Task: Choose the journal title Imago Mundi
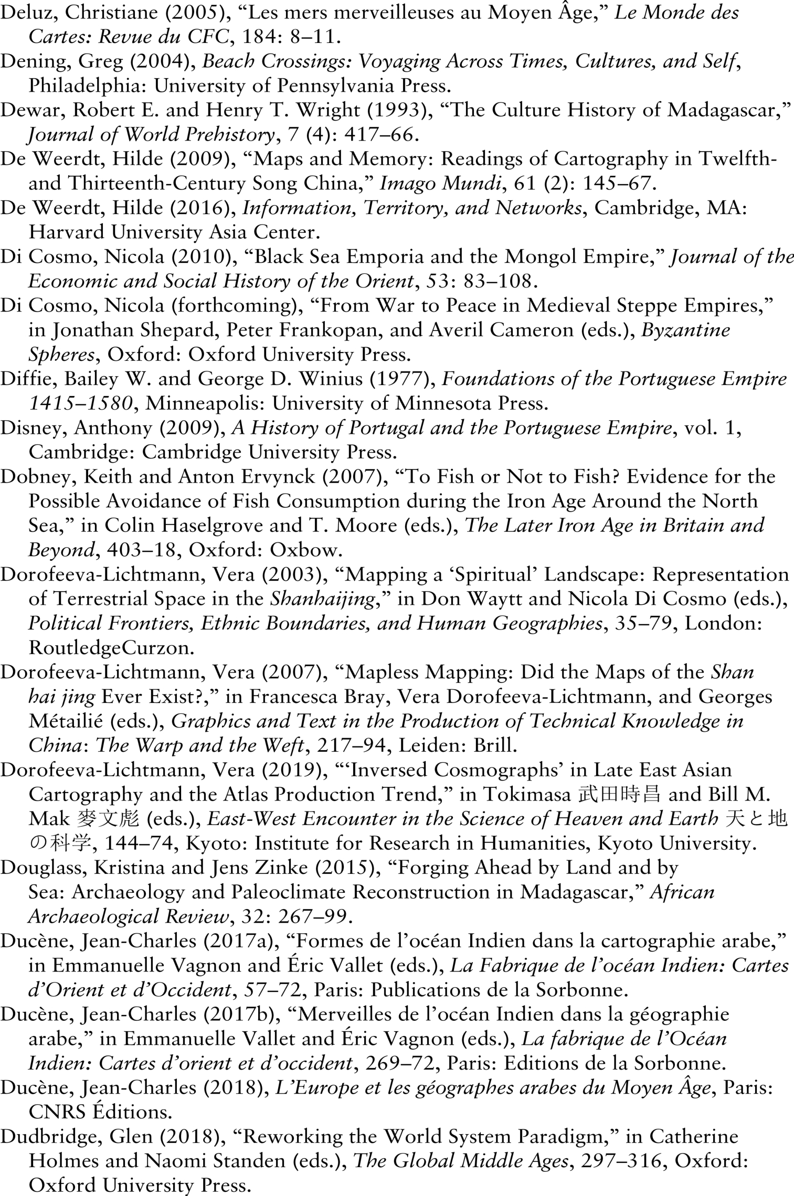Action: click(439, 184)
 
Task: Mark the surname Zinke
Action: click(282, 868)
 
